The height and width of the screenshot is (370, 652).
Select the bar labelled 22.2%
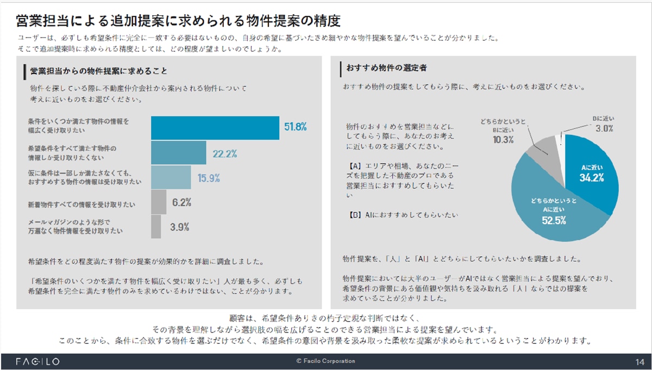coord(178,152)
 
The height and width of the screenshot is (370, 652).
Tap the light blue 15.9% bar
coord(171,177)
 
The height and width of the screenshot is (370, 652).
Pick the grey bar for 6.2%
coord(158,202)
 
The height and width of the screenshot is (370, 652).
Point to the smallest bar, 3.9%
coord(156,226)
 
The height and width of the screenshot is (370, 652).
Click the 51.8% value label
coord(296,127)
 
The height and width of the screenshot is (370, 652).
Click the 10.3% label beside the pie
coord(504,139)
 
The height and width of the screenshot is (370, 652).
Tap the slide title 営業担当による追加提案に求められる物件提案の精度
coord(178,21)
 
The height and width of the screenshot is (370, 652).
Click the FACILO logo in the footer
coord(37,361)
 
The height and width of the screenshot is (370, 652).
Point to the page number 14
coord(639,362)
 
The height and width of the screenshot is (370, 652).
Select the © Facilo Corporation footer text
coord(325,361)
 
